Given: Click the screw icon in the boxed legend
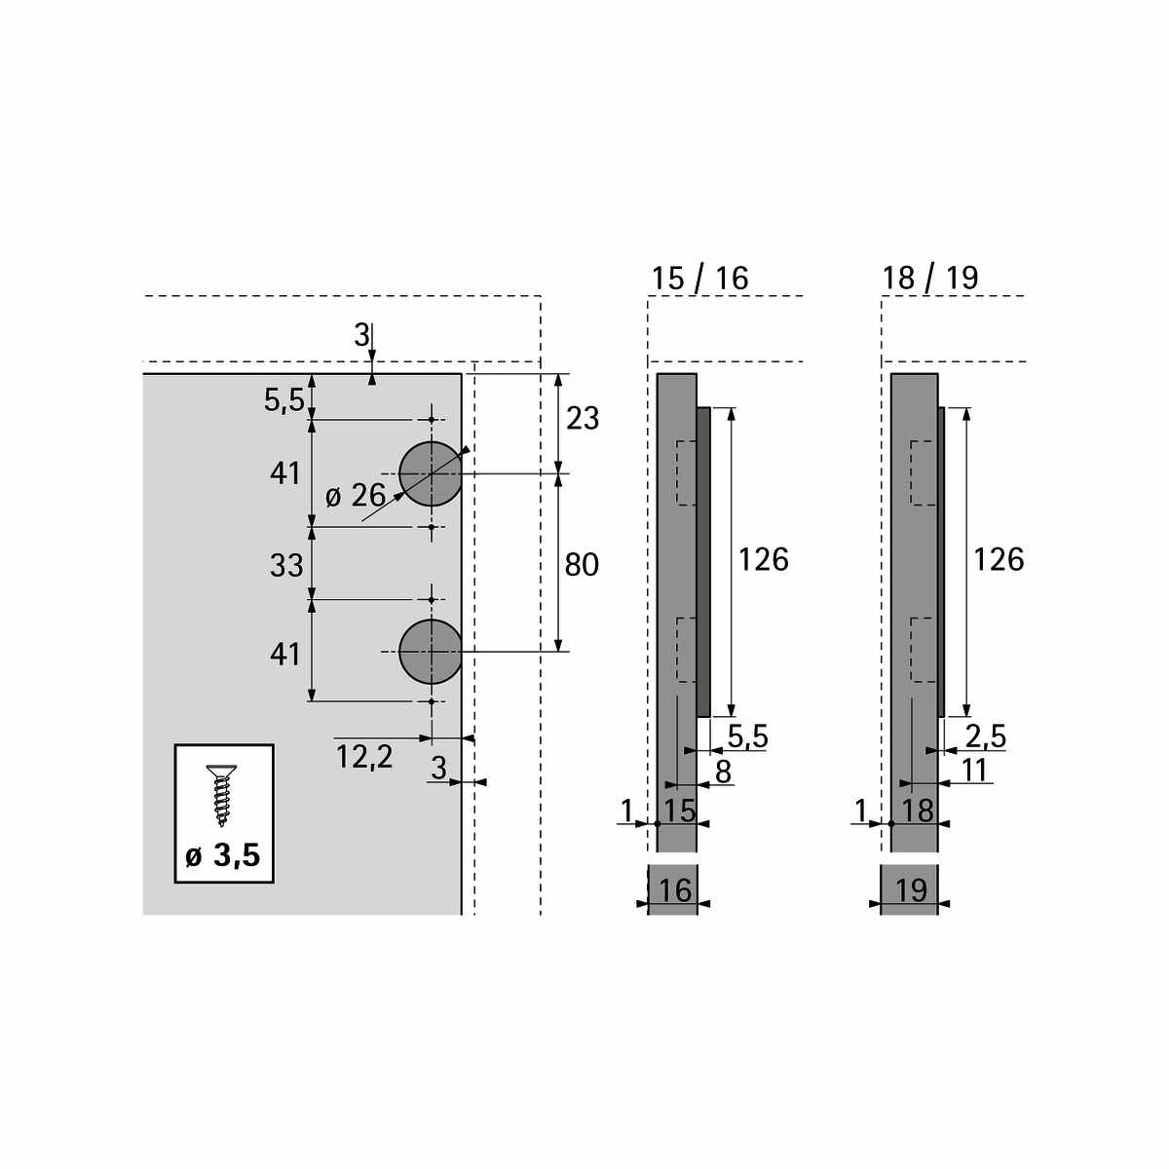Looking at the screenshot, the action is click(222, 795).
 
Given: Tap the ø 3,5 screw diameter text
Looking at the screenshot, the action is click(223, 855).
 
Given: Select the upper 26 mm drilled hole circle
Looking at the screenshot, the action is click(431, 473).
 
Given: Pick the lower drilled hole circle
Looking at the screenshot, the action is click(431, 652).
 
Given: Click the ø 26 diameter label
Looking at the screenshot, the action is click(356, 496).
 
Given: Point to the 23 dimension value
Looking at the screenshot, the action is click(583, 419).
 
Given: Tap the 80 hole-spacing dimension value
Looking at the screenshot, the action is click(582, 565).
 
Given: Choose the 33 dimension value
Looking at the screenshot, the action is click(285, 565).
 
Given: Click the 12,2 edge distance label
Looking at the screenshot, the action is click(364, 757).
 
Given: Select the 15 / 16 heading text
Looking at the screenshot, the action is click(699, 279).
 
